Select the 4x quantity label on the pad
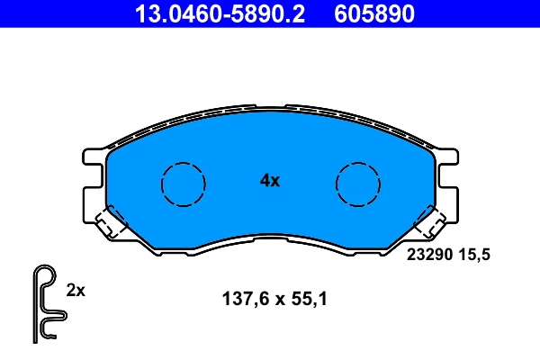[x=270, y=180]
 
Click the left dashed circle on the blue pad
[x=183, y=184]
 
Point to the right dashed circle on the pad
[x=358, y=184]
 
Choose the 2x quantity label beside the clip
[x=76, y=290]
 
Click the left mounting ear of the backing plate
[x=92, y=180]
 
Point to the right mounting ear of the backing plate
[x=448, y=180]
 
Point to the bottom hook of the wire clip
[x=47, y=335]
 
